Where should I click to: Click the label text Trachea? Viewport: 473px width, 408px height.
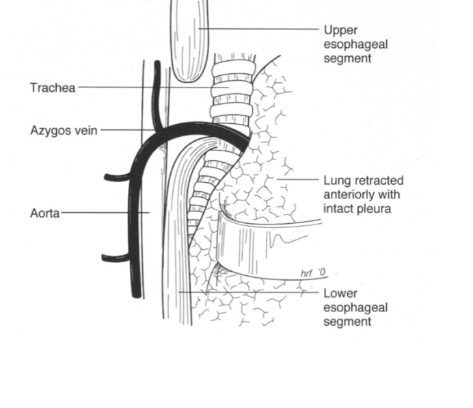(x=53, y=88)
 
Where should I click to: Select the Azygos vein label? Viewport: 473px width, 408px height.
(x=64, y=129)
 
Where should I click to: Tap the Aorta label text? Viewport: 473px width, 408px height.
(x=44, y=213)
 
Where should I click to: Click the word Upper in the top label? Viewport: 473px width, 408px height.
(x=340, y=30)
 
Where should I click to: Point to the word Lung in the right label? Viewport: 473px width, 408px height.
(x=336, y=181)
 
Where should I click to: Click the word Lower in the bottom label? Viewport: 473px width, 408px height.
(x=340, y=294)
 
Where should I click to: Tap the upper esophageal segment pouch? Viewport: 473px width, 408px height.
(x=189, y=41)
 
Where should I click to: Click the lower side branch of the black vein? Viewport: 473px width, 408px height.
(x=115, y=258)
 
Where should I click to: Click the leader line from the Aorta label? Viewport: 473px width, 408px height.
(x=103, y=213)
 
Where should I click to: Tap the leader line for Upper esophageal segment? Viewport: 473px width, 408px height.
(x=260, y=29)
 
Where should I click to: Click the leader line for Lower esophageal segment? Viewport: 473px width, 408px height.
(x=253, y=292)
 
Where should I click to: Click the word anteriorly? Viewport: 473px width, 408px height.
(x=349, y=194)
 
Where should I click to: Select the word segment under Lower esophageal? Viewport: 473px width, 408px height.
(x=347, y=321)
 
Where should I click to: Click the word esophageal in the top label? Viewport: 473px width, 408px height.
(x=355, y=44)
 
